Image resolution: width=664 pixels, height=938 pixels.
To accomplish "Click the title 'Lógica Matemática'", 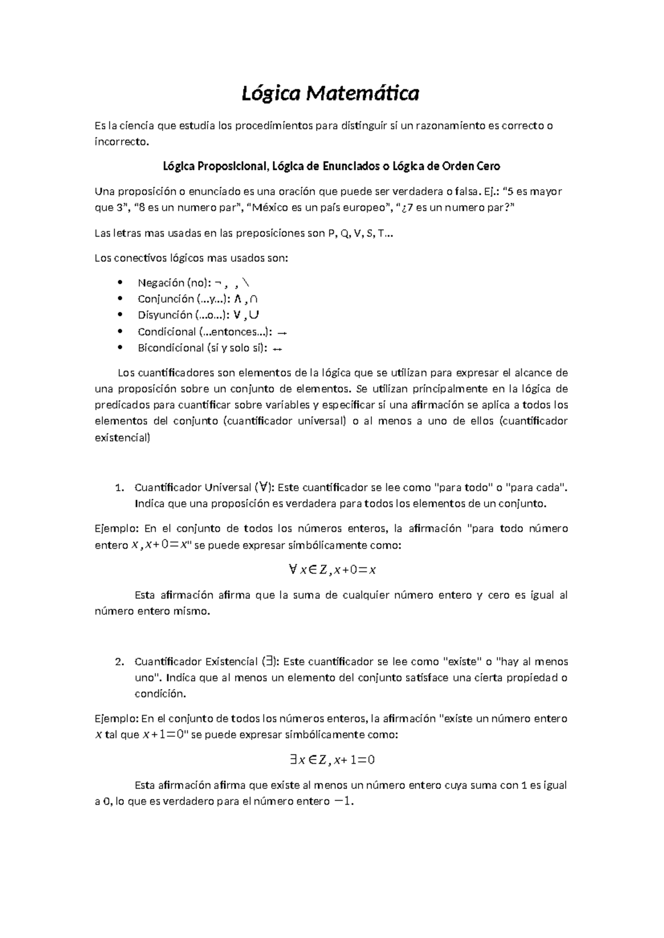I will pyautogui.click(x=330, y=94).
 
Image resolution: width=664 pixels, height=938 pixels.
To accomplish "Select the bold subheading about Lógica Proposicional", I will pyautogui.click(x=331, y=166).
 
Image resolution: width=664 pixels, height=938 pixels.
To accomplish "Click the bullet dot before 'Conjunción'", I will pyautogui.click(x=120, y=299).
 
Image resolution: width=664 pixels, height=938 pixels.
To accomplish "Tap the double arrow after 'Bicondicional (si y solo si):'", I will pyautogui.click(x=278, y=349).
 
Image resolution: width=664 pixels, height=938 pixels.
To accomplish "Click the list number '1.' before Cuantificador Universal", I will pyautogui.click(x=118, y=488).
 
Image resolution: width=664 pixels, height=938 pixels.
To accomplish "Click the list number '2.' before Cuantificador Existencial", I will pyautogui.click(x=118, y=661).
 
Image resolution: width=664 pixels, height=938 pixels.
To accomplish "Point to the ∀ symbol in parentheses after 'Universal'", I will pyautogui.click(x=264, y=487).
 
